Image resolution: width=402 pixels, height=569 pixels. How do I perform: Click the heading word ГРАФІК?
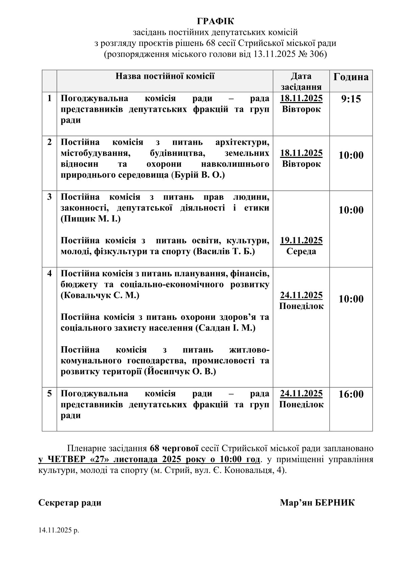point(215,21)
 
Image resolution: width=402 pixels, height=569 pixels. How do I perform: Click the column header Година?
point(351,77)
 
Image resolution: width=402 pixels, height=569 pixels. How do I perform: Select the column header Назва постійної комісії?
point(165,76)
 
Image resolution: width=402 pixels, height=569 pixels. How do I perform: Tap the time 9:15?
point(351,99)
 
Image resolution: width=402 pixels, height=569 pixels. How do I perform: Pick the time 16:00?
point(351,394)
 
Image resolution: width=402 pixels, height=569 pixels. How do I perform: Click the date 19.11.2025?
point(301,240)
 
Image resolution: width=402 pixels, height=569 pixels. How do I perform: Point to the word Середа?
point(301,251)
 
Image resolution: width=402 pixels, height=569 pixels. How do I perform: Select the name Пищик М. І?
point(91,219)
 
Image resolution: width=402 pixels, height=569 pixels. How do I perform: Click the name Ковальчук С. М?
point(100,295)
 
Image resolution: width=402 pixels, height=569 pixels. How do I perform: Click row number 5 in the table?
point(50,394)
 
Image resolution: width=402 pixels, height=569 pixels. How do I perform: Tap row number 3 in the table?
point(50,197)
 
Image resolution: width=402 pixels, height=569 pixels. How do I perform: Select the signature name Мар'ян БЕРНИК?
point(317,503)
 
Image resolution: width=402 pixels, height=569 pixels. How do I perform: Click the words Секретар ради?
point(70,503)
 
